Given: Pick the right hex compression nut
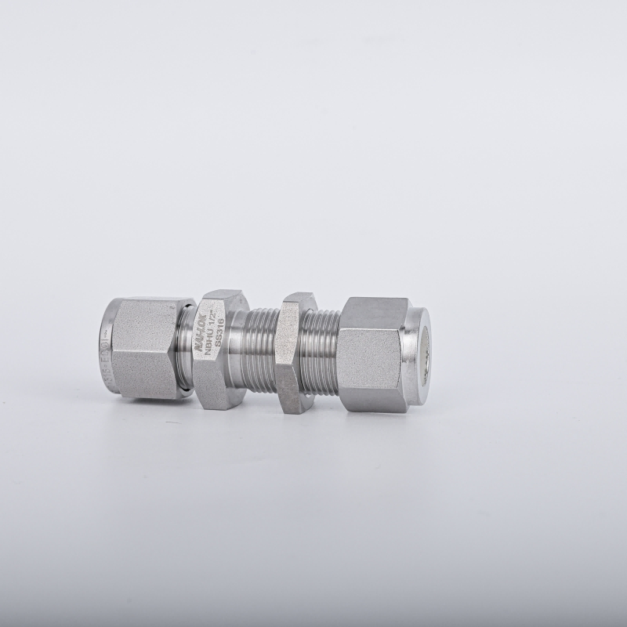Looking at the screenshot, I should point(372,353).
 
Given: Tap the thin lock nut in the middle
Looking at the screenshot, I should point(295,353).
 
